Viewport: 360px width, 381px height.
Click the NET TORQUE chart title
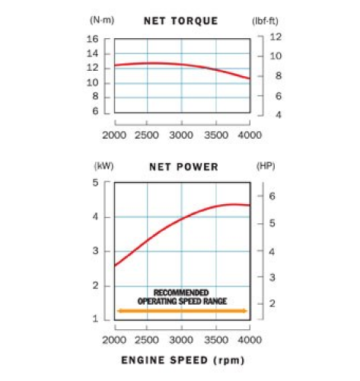181,21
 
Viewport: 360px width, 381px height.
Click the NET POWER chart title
180,166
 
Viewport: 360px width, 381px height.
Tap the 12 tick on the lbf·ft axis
276,37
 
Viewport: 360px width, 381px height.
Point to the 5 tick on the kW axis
95,182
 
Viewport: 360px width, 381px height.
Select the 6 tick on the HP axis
272,196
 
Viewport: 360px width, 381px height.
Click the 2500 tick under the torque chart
147,135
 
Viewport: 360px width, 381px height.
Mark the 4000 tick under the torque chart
250,135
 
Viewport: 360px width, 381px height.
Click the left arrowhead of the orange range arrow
119,310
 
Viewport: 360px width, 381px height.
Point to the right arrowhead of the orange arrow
244,310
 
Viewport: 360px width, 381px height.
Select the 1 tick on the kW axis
95,319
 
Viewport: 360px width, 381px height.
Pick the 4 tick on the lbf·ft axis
276,115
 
